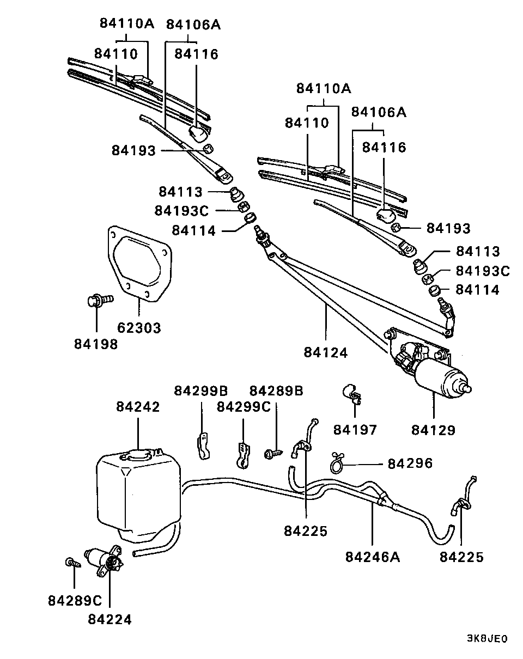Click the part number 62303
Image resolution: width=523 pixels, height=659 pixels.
pyautogui.click(x=139, y=328)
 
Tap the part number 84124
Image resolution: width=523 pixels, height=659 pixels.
pyautogui.click(x=326, y=352)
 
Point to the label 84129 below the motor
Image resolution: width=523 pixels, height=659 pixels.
pyautogui.click(x=433, y=430)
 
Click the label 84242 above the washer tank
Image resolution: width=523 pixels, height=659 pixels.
pyautogui.click(x=138, y=407)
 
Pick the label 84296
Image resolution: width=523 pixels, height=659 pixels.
pyautogui.click(x=410, y=463)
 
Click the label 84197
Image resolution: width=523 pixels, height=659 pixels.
pyautogui.click(x=355, y=430)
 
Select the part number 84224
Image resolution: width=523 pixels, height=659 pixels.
pyautogui.click(x=110, y=619)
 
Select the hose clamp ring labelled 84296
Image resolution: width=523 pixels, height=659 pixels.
pyautogui.click(x=336, y=464)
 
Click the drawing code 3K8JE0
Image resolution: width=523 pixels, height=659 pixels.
pyautogui.click(x=486, y=639)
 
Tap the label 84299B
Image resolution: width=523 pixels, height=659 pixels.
pyautogui.click(x=201, y=391)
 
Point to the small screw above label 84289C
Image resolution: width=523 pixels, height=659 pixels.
pyautogui.click(x=71, y=562)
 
